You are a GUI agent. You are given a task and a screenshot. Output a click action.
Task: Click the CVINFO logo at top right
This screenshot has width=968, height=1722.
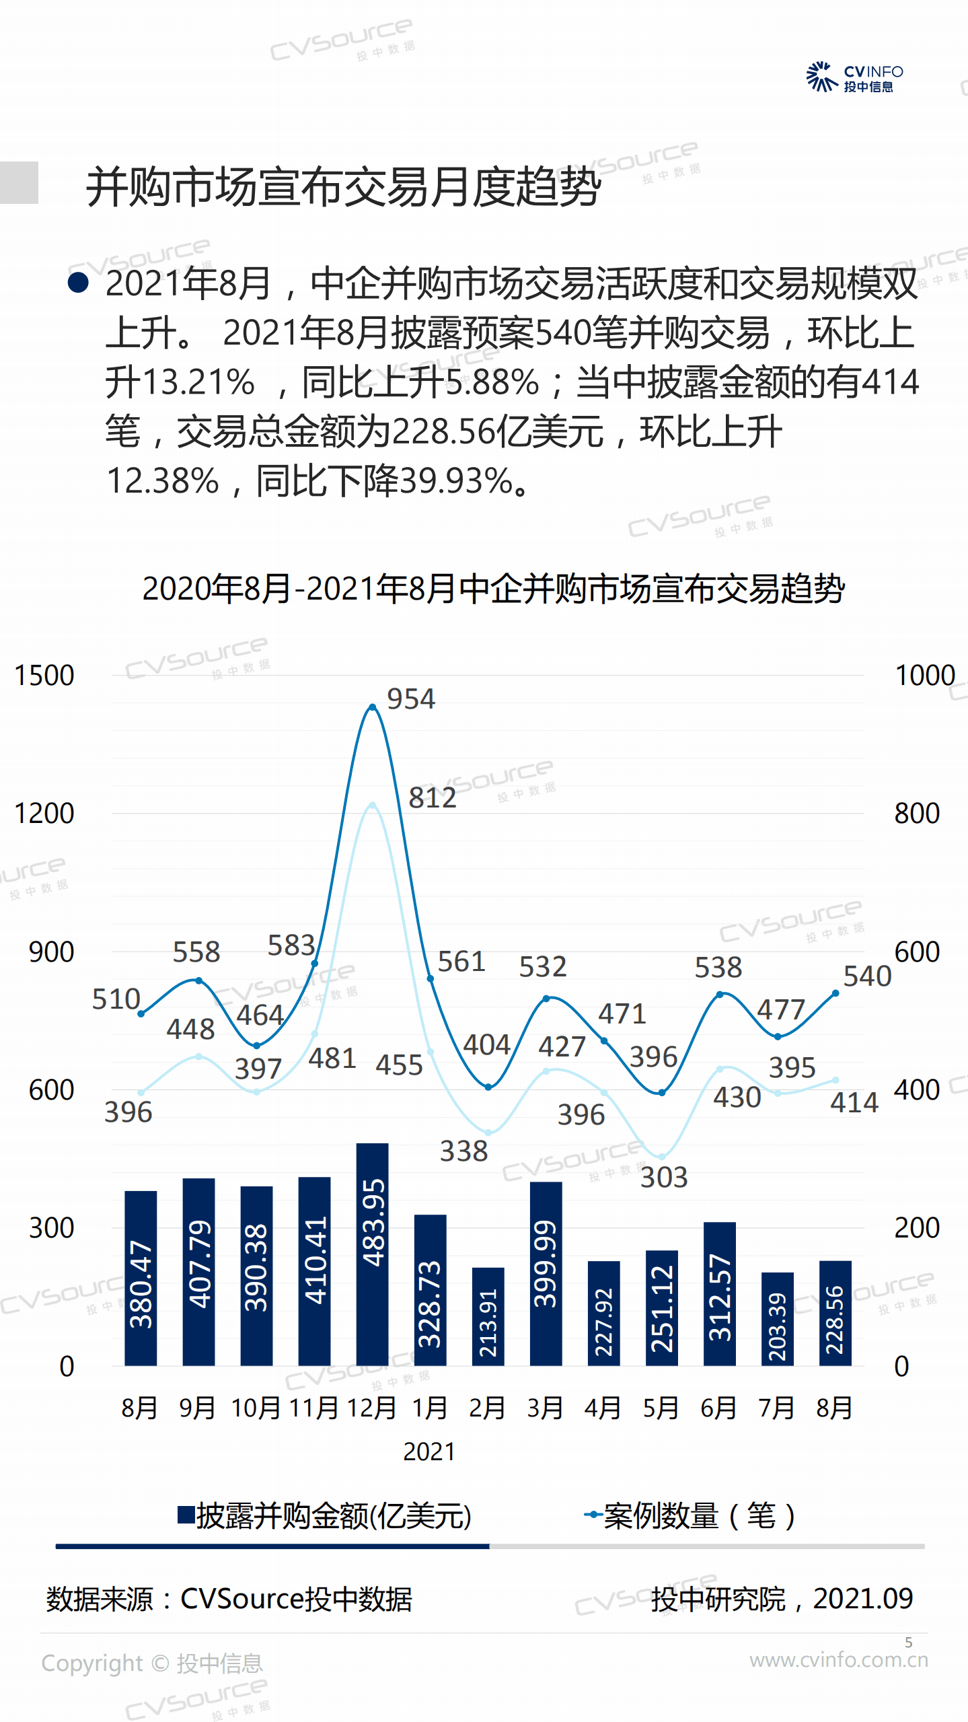pos(854,77)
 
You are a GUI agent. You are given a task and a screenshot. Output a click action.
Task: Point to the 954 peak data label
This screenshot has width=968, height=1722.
pos(411,699)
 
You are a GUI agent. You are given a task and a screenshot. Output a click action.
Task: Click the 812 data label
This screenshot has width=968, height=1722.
pos(432,798)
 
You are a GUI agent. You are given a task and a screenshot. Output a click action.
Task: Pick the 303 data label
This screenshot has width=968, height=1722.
pos(663,1178)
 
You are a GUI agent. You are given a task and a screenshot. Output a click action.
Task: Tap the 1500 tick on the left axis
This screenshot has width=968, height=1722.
pos(44,676)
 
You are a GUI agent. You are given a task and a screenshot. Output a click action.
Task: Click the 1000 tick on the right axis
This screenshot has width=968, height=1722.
pos(925,676)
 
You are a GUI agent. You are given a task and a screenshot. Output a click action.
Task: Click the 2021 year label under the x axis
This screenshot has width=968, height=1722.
pos(429,1451)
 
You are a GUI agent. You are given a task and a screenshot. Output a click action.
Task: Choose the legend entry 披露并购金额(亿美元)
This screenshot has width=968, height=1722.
pos(325,1516)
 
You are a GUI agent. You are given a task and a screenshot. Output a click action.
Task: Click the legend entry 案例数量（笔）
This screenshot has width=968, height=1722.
pos(691,1516)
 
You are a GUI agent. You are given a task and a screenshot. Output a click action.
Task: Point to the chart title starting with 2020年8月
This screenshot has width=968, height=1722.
pos(493,589)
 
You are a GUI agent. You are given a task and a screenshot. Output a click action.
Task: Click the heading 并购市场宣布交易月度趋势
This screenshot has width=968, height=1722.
pos(343,187)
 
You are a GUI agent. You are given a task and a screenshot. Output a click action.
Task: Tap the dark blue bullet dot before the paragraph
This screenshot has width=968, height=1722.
pos(78,283)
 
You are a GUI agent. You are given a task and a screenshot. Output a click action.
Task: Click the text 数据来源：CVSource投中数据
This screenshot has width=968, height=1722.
pos(229,1599)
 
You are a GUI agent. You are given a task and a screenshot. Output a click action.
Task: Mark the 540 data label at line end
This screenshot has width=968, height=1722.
pos(867,976)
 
